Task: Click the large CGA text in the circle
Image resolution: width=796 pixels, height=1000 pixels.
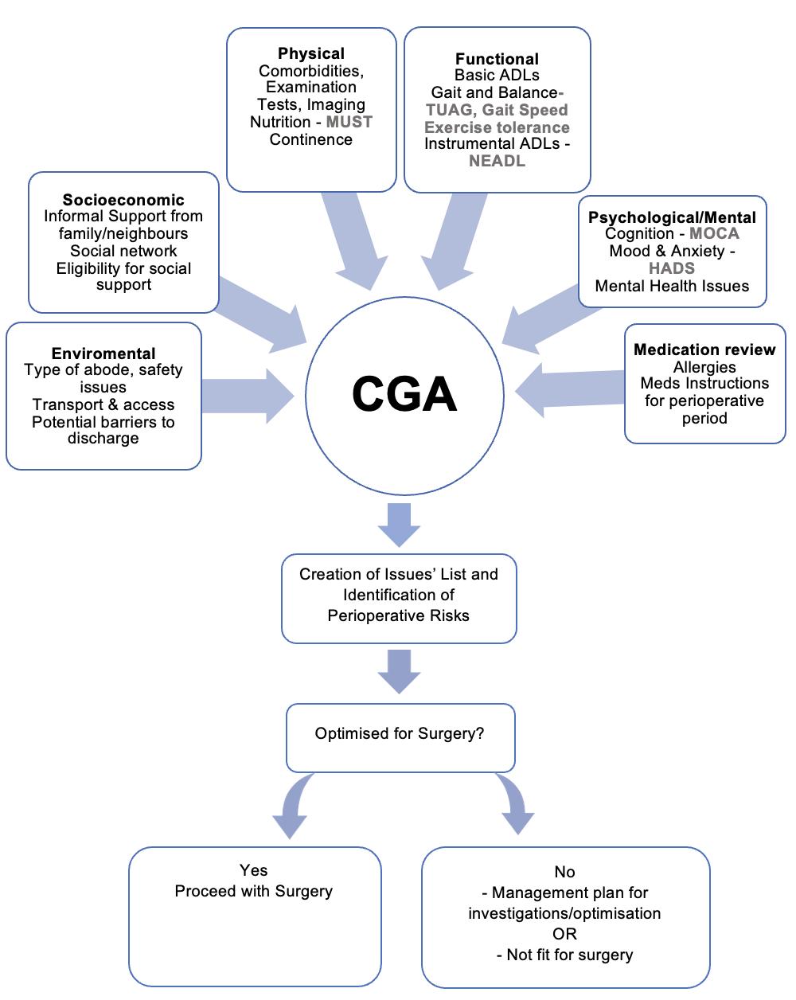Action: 404,394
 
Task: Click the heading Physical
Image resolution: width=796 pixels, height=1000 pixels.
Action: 311,53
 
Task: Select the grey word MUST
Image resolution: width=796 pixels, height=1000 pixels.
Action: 349,122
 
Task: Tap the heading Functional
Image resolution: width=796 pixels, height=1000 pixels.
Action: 497,59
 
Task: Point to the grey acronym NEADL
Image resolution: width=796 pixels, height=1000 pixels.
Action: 497,161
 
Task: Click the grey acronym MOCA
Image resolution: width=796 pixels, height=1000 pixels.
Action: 714,233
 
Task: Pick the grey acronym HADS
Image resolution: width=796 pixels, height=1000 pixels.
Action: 672,268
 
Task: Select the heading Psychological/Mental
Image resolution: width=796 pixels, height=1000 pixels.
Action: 672,217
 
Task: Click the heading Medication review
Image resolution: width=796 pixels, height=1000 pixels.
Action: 704,350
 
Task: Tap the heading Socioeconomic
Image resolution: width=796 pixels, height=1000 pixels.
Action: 123,200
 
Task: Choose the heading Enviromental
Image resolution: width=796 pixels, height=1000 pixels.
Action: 103,354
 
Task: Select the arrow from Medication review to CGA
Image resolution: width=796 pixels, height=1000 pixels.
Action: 568,389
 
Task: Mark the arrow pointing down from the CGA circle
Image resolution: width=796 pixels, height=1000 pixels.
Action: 399,523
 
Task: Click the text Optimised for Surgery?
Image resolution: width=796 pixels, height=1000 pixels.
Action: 400,733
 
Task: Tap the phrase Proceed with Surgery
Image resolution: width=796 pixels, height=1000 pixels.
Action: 254,891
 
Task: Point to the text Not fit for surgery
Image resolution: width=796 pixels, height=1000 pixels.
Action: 569,955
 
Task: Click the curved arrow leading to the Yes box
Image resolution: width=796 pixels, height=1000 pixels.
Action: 293,806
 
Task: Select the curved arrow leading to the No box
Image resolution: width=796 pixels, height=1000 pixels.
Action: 514,804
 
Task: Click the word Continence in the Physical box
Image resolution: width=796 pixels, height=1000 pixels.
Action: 310,139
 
